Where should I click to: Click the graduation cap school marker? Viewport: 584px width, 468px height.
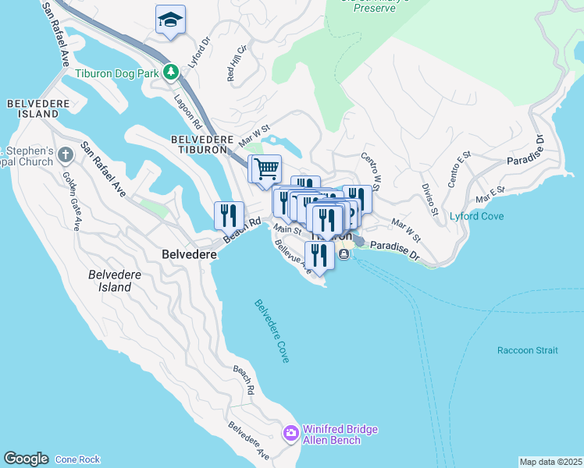tap(170, 20)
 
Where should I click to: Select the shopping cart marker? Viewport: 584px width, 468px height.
tap(265, 168)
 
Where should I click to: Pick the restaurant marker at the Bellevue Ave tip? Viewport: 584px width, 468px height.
tap(319, 254)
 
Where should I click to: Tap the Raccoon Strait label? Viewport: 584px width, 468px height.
tap(527, 350)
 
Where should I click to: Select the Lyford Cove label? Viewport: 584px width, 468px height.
tap(476, 216)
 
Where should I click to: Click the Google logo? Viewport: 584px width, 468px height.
tap(26, 459)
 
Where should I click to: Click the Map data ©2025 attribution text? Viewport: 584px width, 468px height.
tap(550, 462)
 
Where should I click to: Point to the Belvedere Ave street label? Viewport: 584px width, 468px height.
tap(249, 441)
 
